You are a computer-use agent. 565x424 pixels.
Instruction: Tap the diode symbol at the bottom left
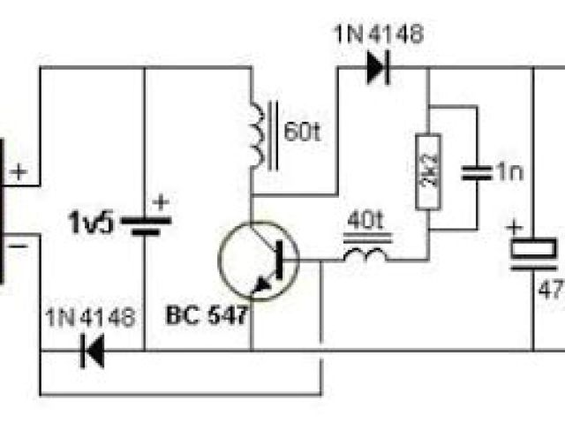pyautogui.click(x=91, y=352)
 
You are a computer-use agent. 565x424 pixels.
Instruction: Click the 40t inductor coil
pyautogui.click(x=364, y=256)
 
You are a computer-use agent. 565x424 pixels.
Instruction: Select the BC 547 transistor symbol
pyautogui.click(x=259, y=259)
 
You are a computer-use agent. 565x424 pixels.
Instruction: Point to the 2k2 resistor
pyautogui.click(x=427, y=173)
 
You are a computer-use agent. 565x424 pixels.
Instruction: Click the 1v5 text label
pyautogui.click(x=92, y=223)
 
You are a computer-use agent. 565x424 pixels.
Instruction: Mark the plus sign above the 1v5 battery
pyautogui.click(x=161, y=202)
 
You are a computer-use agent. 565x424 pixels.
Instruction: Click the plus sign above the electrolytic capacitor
pyautogui.click(x=514, y=227)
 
